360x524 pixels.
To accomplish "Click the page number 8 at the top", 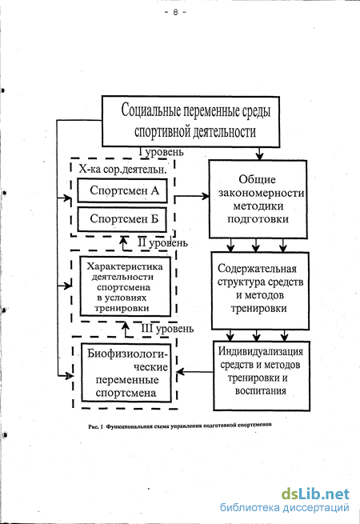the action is pos(175,12).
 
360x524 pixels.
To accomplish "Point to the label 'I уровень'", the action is pos(161,152).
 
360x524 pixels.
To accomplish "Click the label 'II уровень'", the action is pos(162,243).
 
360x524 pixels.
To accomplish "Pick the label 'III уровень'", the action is pos(167,329).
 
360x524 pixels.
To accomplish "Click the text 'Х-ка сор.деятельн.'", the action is pos(122,169).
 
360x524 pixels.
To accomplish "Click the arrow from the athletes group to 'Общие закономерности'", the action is pos(192,196).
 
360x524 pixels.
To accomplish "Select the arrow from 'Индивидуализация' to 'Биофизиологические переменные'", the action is pos(194,372).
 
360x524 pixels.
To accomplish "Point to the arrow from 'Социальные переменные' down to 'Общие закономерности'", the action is pos(260,154).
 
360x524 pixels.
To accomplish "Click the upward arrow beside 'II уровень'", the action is pos(124,244).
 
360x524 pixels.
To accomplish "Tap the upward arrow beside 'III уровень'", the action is pos(126,330).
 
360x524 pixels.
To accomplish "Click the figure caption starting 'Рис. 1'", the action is pos(180,426).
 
